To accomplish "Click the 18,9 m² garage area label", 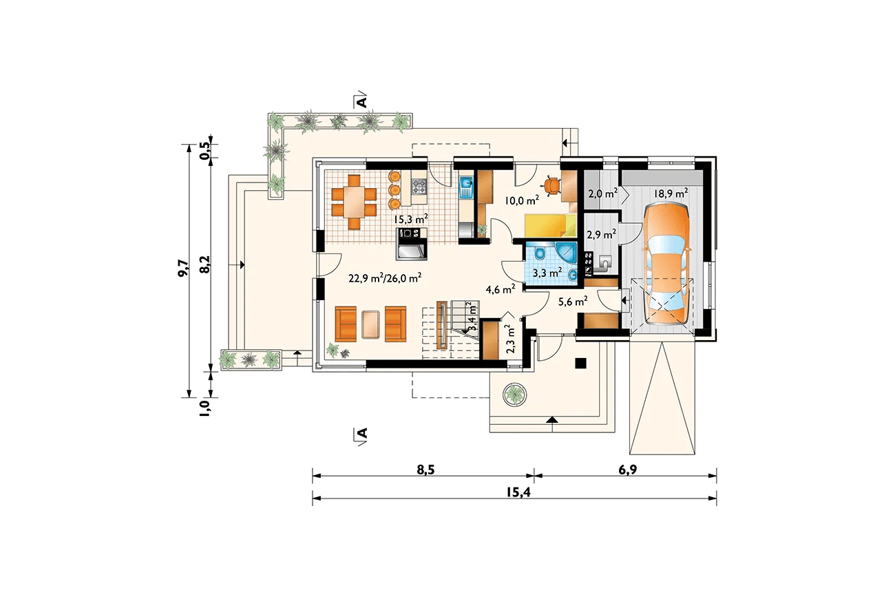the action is coord(671,193).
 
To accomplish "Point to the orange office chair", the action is coord(551,185).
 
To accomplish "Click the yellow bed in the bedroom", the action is coord(551,226).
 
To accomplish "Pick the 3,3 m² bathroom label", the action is coord(547,273).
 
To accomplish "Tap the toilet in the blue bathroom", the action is coord(540,254).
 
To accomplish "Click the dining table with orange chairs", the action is coord(354,202).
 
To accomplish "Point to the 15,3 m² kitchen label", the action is coord(411,219).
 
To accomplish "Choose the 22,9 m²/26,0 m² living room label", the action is coord(385,278).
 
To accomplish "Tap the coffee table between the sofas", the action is coord(371,324).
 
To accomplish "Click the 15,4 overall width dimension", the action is coord(518,492).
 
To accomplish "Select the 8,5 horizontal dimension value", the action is coord(425,470).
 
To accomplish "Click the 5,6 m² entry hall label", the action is coord(573,302).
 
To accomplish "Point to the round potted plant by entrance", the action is coord(514,395).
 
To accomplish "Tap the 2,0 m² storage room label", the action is coord(603,193).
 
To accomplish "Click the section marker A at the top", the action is coord(361,101).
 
